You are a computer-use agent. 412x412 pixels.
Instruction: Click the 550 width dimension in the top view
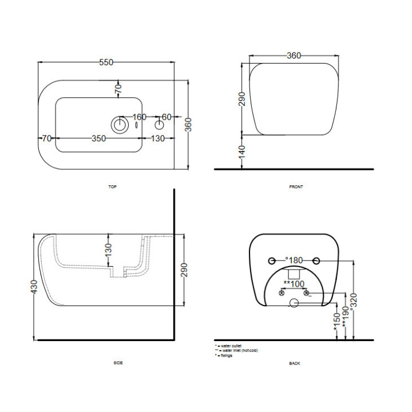pos(106,63)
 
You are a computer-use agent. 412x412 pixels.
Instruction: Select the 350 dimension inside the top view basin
pos(98,138)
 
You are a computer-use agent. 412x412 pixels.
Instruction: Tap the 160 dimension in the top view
pos(140,117)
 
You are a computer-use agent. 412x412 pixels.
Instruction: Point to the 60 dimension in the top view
pos(167,117)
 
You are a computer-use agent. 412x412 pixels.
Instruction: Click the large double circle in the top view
pos(120,125)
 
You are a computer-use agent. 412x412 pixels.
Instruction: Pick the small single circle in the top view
pos(159,125)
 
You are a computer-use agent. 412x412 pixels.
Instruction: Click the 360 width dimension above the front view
pos(293,56)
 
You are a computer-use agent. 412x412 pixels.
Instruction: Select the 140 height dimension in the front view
pos(242,152)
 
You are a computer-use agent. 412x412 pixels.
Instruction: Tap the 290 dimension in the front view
pos(242,98)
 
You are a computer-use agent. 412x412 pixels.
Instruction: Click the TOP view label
pos(112,187)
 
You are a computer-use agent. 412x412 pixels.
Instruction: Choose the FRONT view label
pos(296,187)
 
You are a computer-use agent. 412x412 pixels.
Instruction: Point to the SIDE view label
pos(118,363)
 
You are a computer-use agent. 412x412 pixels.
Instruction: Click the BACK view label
pos(295,363)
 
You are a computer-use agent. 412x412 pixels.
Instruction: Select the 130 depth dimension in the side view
pos(108,249)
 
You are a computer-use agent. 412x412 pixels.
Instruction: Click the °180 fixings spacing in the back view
pos(294,260)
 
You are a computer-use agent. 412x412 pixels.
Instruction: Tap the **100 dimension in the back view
pos(294,284)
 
